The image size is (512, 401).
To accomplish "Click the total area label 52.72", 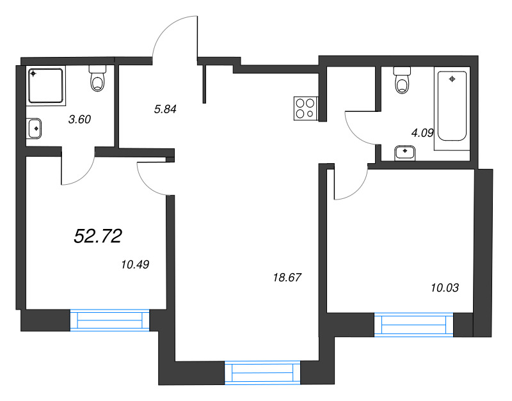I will pos(98,237).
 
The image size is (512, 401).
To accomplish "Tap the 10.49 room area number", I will pos(134,263).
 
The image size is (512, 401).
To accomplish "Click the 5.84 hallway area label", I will pos(164,109).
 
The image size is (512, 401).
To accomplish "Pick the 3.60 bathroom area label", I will pos(80,118).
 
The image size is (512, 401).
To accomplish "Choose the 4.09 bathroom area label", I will pos(422,134).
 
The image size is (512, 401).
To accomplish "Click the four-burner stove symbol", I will pos(305,108).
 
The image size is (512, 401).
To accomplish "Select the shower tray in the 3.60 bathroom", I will pos(46,85).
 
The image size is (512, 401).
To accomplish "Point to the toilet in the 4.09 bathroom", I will pos(402,81).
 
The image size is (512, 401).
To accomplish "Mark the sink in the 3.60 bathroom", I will pos(35,128).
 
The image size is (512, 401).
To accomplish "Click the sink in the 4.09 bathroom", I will pos(405,152).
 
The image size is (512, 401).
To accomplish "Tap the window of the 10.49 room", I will pos(109,320).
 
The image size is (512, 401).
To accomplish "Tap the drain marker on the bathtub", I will pos(452,79).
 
